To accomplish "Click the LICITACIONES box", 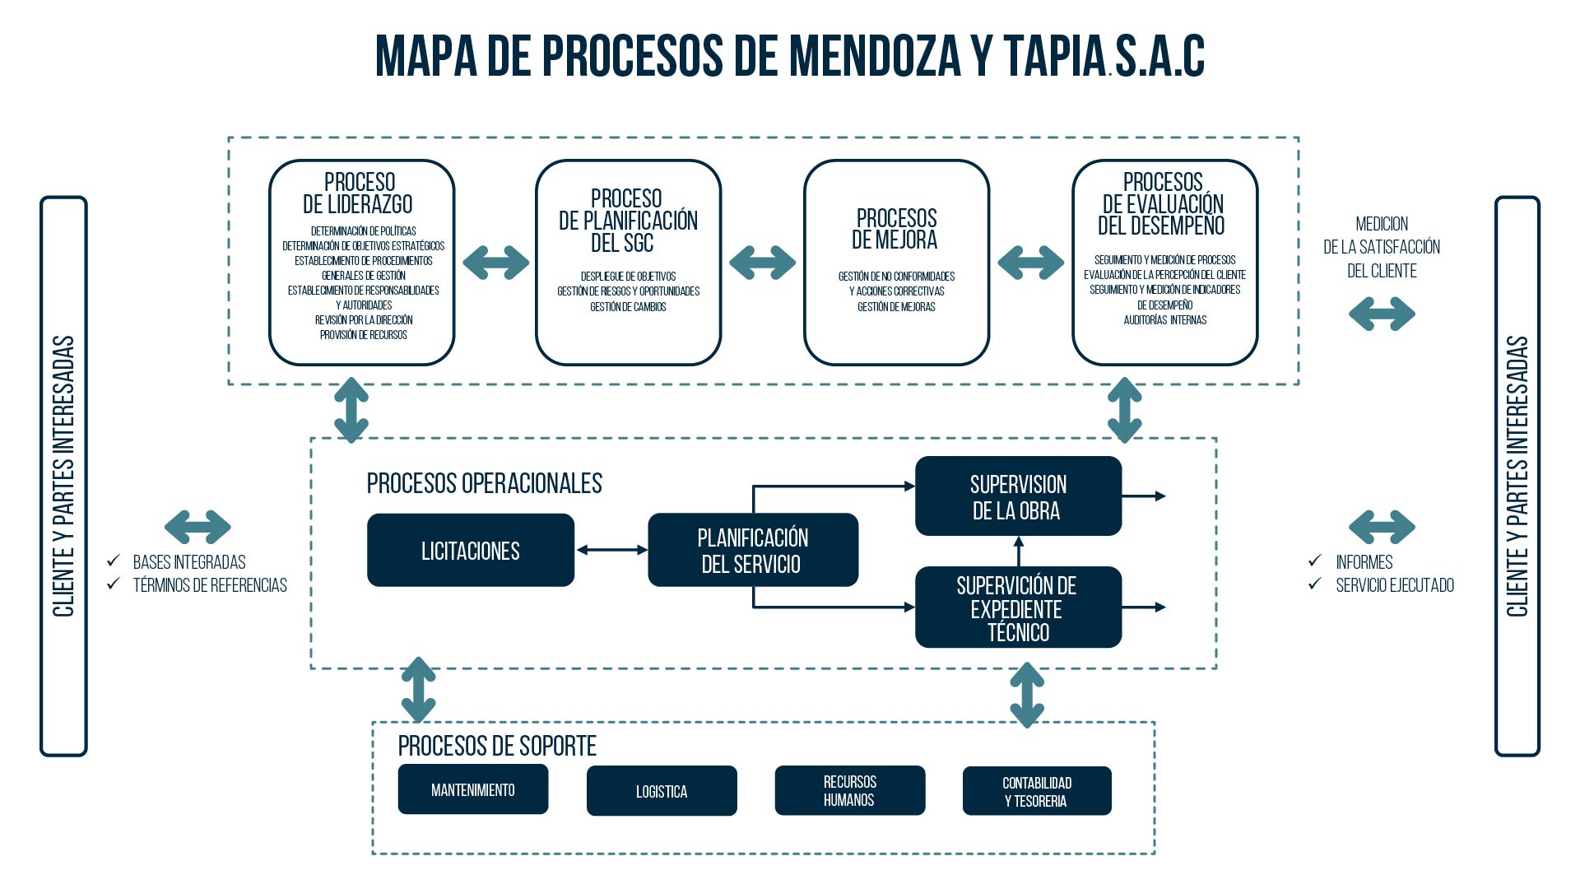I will [470, 550].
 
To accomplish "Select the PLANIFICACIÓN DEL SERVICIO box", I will [752, 550].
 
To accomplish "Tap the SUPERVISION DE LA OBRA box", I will [1018, 496].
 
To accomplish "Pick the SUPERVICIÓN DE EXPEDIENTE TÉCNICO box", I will [1018, 607].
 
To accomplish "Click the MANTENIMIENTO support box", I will [472, 789].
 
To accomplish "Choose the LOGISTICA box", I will [661, 791].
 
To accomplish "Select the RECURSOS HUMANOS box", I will [849, 790].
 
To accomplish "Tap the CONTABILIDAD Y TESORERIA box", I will [1036, 791].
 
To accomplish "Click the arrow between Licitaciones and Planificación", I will [611, 550].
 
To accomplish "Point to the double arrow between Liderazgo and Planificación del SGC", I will [495, 263].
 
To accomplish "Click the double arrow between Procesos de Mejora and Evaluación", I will [1030, 263].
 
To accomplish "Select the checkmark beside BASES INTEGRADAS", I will [114, 561].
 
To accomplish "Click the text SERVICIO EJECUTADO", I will [1394, 585].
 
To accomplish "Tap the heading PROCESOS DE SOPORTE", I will [497, 746].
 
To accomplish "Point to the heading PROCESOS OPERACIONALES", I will [484, 483].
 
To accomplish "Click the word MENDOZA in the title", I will [874, 56].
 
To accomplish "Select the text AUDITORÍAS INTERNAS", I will [1164, 320].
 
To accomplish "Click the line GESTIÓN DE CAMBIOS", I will [628, 307].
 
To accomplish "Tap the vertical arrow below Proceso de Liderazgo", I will [351, 410].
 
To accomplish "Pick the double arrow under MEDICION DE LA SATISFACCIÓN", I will [1382, 314].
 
